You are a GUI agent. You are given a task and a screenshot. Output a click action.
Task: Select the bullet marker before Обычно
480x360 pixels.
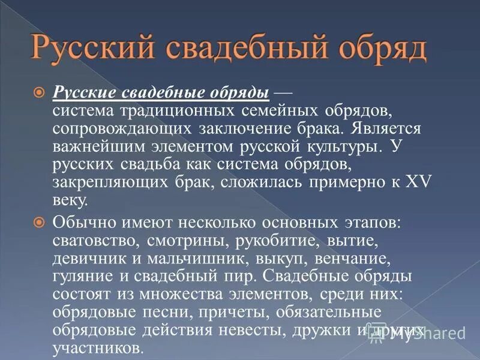(x=40, y=222)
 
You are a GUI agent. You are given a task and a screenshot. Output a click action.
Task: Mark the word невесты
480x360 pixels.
(x=242, y=330)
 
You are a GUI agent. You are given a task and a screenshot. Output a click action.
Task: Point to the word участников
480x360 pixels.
(x=97, y=348)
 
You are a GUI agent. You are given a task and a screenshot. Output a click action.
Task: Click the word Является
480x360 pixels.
(x=375, y=128)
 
